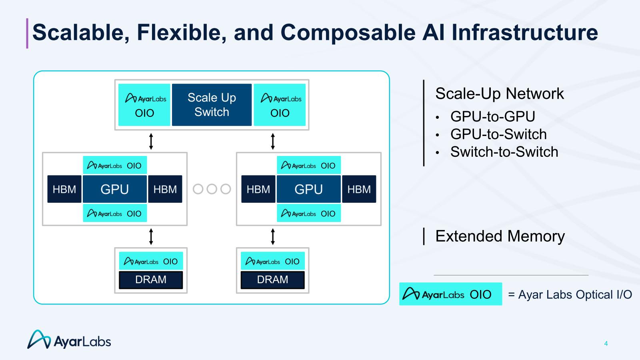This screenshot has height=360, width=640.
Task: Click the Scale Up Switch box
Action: pos(212,105)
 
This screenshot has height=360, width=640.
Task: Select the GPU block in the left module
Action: pos(115,189)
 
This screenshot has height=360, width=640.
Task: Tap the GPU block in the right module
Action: pos(308,189)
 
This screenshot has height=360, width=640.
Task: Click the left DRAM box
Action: pos(151,280)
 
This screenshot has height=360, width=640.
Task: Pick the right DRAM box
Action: pos(272,280)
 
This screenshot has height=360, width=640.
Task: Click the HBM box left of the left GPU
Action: pos(64,189)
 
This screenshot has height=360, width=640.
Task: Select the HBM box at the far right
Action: pos(359,189)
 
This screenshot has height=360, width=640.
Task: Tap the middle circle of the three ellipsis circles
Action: pos(212,189)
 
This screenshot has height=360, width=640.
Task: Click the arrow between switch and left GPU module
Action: pos(151,141)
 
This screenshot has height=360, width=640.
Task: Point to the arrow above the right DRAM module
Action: pos(273,236)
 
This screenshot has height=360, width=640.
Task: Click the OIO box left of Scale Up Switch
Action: pos(144,105)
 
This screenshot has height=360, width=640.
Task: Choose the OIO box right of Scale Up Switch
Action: pos(280,105)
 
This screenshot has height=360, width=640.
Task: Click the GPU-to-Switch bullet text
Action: pos(498,134)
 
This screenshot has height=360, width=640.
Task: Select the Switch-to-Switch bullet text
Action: pos(504,152)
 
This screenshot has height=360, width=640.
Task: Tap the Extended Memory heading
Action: pos(500,236)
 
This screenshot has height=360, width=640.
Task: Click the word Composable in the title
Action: pos(348,32)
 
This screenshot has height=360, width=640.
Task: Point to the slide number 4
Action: pos(606,344)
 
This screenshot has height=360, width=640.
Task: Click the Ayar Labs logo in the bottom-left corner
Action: pos(69,340)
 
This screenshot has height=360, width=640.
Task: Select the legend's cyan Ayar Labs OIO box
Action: pos(450,294)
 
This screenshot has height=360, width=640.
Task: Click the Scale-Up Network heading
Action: pos(499,94)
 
